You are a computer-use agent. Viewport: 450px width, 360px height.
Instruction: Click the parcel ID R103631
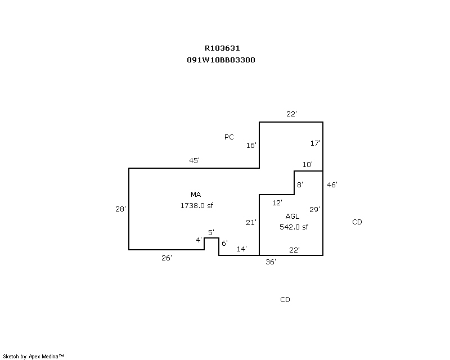click(x=221, y=49)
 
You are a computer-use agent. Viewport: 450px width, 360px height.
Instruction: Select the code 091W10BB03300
click(x=221, y=60)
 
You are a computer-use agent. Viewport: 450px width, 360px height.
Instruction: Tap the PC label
click(x=229, y=137)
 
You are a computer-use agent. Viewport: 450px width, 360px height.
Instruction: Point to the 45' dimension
click(x=194, y=161)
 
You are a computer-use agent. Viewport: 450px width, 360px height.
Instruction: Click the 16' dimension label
click(x=251, y=146)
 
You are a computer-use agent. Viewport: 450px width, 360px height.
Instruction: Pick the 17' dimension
click(x=315, y=143)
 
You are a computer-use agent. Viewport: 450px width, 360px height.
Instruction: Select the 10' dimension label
click(x=307, y=165)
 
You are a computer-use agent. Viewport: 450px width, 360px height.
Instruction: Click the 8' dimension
click(x=300, y=184)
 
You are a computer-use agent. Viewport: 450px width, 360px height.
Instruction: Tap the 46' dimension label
click(x=332, y=184)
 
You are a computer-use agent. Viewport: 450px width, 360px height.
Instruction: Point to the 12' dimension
click(x=277, y=202)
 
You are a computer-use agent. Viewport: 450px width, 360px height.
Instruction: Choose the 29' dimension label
click(x=314, y=210)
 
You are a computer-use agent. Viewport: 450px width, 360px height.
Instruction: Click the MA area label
click(x=196, y=195)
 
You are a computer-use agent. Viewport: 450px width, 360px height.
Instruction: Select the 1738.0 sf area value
click(x=196, y=206)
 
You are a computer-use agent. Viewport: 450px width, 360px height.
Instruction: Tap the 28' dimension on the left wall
click(x=120, y=209)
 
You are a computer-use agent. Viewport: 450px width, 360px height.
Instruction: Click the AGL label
click(x=292, y=217)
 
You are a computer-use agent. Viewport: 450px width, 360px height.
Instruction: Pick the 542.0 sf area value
click(x=294, y=227)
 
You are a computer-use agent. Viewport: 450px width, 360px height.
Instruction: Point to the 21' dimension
click(x=251, y=223)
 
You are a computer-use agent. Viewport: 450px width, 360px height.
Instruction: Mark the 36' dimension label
click(x=271, y=262)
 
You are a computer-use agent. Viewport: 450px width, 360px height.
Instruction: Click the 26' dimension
click(x=166, y=258)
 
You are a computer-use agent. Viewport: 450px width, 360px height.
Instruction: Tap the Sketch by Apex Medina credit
click(x=34, y=357)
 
